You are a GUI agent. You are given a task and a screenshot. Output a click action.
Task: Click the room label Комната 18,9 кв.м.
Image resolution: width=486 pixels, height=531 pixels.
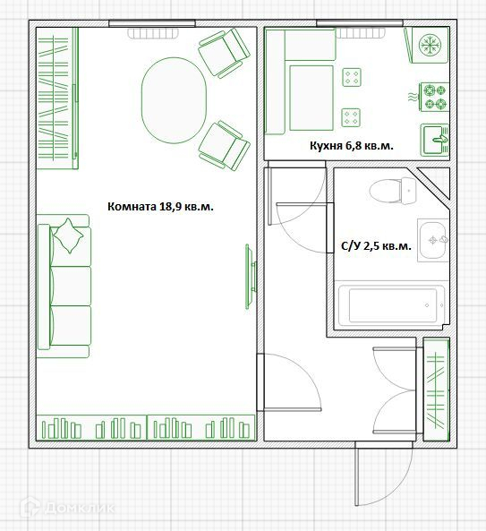coord(160,207)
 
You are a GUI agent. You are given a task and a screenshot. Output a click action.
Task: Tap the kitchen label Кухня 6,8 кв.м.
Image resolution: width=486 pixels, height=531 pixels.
coord(352,146)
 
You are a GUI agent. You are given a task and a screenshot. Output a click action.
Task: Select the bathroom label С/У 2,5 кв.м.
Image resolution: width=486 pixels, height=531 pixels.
coord(376,246)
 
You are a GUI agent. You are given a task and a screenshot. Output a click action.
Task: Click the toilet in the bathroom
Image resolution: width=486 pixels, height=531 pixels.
coord(393,191)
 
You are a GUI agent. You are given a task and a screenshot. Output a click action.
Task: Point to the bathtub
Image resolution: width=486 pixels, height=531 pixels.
coord(392,305)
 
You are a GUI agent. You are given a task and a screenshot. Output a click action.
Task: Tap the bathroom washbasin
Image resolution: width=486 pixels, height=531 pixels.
coord(433,240)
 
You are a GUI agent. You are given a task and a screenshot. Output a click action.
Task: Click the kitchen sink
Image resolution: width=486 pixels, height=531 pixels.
coord(435,140)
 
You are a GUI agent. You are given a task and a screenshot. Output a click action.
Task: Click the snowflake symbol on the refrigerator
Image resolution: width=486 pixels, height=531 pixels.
coord(430,45)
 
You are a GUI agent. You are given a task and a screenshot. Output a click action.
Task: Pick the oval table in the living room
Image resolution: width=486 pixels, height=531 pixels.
coord(174,100)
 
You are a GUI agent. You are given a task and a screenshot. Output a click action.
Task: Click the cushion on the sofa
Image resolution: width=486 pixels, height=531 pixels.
coord(68,236)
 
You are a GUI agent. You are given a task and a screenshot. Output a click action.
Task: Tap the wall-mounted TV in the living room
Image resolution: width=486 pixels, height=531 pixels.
coord(251,277)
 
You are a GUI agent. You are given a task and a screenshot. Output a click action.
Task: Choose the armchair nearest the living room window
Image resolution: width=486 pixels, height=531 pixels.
coord(224,53)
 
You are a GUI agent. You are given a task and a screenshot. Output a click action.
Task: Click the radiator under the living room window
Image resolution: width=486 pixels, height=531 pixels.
coord(153,33)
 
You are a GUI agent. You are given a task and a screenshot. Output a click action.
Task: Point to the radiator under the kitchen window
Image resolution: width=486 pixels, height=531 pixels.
coord(360,33)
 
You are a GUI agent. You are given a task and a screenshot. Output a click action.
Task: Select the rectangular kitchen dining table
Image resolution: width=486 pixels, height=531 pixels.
coord(311,98)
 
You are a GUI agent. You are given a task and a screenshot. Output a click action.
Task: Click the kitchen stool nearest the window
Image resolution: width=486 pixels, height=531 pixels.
coord(352,77)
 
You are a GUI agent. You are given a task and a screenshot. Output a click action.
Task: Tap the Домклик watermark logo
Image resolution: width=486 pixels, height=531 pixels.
coord(68,508)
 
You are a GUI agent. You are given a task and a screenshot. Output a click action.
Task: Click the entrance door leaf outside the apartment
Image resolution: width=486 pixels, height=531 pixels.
coord(357,474)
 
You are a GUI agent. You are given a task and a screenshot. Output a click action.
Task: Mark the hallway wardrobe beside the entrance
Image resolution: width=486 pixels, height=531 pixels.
coord(436,390)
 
